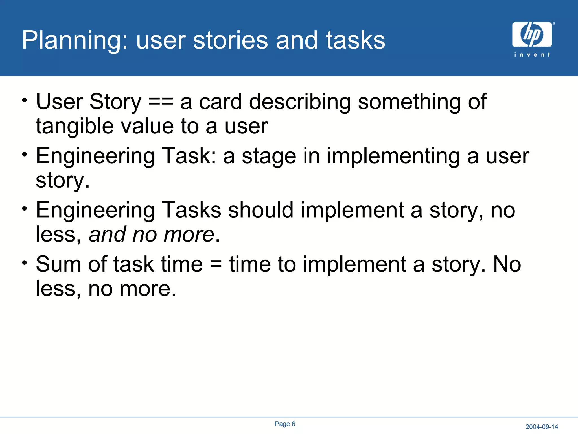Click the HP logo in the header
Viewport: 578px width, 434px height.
pos(532,34)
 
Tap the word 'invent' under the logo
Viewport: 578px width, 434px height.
pos(532,55)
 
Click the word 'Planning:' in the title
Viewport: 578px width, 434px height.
pos(75,40)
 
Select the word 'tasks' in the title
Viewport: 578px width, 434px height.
pos(356,40)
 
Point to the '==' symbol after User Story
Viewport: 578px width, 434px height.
pos(161,102)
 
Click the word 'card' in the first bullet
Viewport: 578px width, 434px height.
pos(220,102)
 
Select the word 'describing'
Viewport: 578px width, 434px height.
pos(300,102)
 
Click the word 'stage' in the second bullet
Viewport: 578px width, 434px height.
pos(269,156)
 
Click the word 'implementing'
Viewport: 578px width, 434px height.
pos(393,156)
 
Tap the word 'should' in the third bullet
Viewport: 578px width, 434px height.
pos(261,210)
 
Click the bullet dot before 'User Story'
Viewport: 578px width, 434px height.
pos(25,100)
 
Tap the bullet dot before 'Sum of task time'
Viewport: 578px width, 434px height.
pos(25,263)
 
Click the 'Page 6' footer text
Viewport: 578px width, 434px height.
pos(285,424)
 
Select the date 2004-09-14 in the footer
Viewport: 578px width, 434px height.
pos(542,427)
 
